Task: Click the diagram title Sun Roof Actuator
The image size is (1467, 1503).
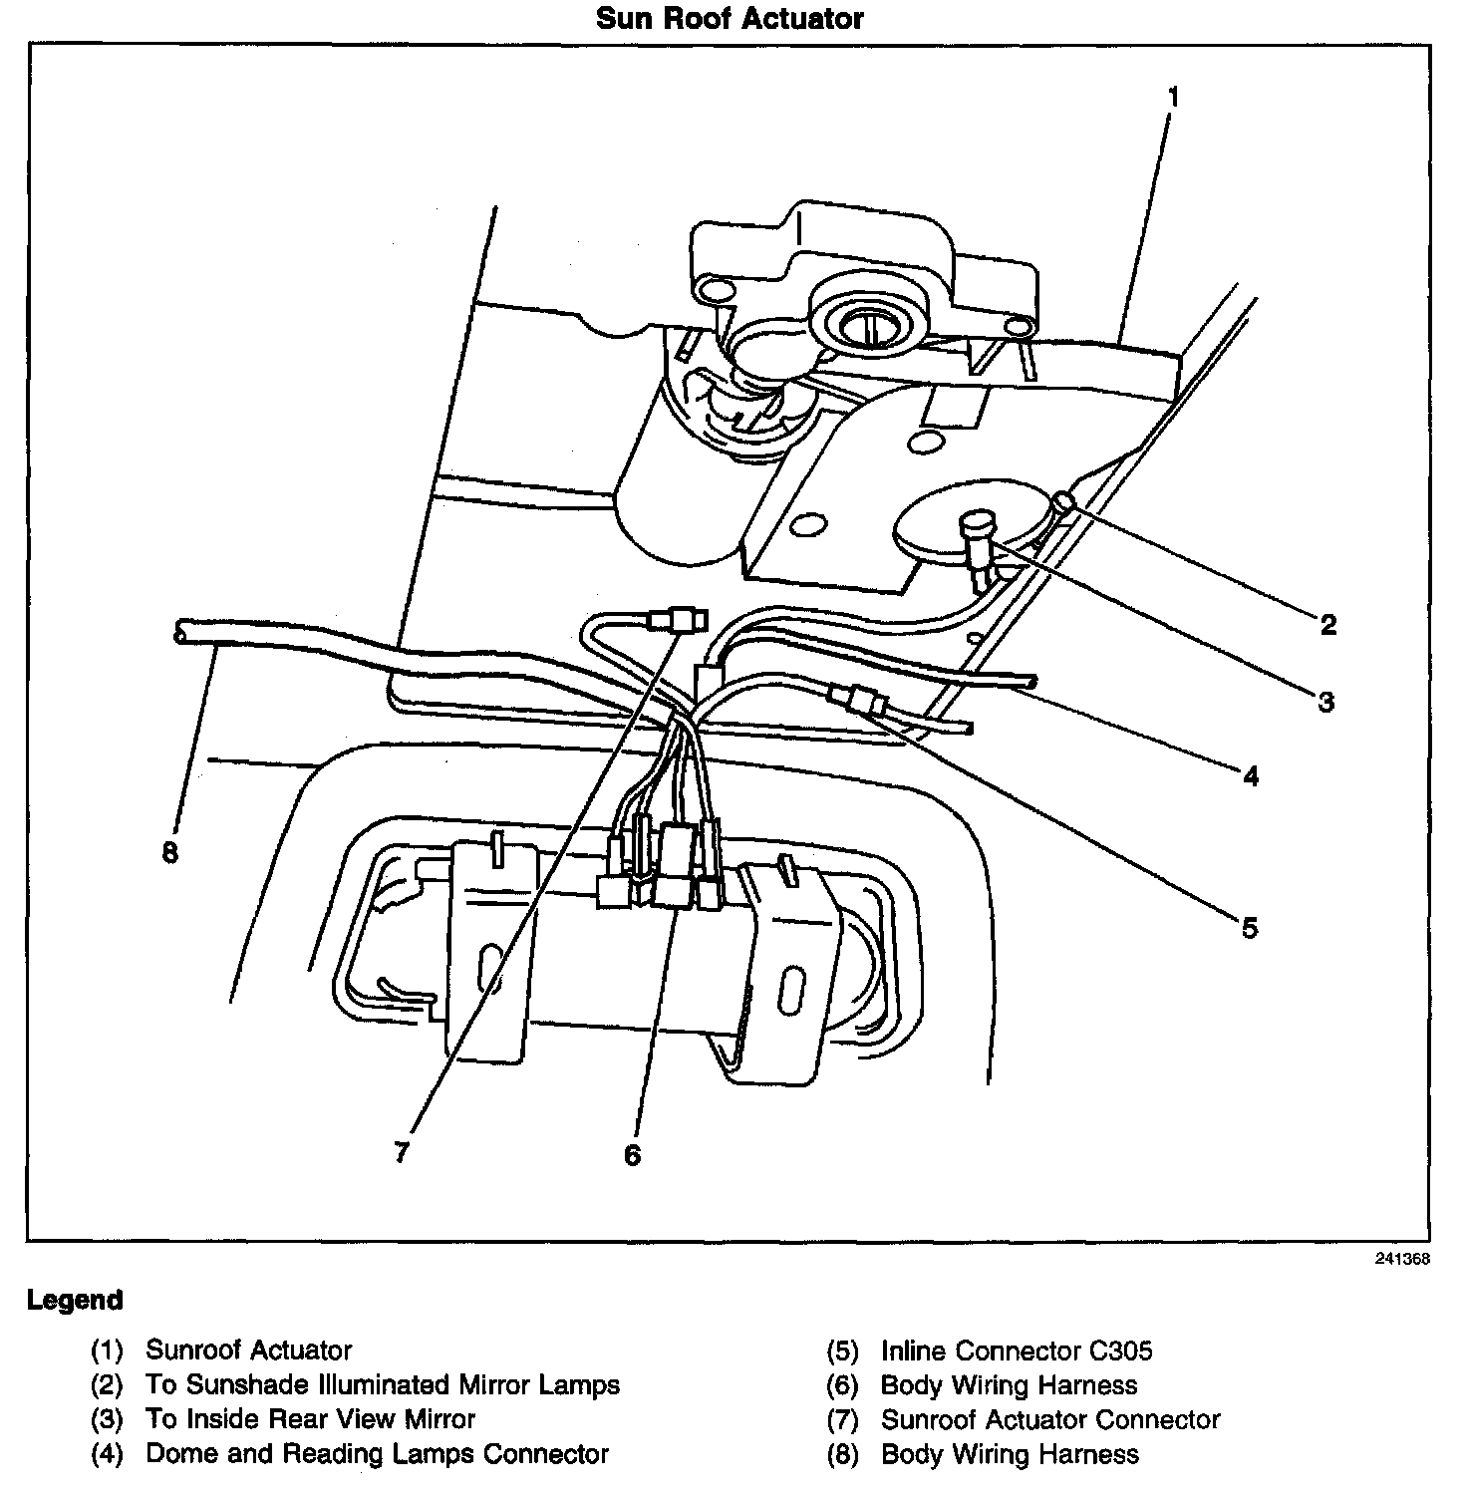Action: click(x=730, y=18)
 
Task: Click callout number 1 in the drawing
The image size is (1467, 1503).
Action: click(x=1173, y=97)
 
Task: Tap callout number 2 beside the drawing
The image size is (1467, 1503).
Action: click(x=1327, y=625)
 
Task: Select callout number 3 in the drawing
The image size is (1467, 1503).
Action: click(x=1325, y=702)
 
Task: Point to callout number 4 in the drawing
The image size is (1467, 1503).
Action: click(x=1251, y=775)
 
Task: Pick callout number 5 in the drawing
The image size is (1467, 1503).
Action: click(x=1250, y=928)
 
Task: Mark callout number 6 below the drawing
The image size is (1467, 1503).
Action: click(x=633, y=1155)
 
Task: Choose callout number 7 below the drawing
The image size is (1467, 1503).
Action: click(x=402, y=1153)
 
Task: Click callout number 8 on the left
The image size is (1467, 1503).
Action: click(x=170, y=853)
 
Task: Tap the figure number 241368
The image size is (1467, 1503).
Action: click(x=1402, y=1259)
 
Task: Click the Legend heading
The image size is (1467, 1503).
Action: click(x=75, y=1300)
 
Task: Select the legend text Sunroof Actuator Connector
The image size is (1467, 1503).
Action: click(x=1050, y=1419)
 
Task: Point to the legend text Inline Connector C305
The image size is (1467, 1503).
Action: click(x=1017, y=1352)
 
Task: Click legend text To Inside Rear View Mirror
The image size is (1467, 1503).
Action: click(x=310, y=1419)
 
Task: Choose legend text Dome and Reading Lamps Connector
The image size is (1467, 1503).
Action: click(x=377, y=1454)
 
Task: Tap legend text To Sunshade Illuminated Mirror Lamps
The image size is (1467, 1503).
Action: click(x=383, y=1385)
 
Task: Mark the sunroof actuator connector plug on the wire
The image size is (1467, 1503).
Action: click(x=678, y=621)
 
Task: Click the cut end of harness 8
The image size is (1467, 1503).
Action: click(x=178, y=631)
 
